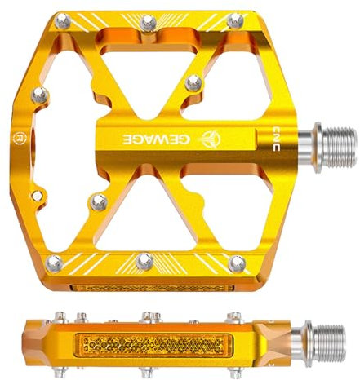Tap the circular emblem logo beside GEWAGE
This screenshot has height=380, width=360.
[x=211, y=139]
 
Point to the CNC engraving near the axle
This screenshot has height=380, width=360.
[x=276, y=139]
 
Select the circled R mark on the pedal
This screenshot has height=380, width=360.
[x=19, y=137]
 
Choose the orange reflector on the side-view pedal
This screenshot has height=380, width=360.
[x=153, y=345]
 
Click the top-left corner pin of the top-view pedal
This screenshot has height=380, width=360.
[x=63, y=21]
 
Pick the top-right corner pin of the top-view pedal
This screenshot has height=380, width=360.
[x=235, y=20]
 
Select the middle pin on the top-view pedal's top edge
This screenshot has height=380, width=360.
[x=149, y=23]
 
